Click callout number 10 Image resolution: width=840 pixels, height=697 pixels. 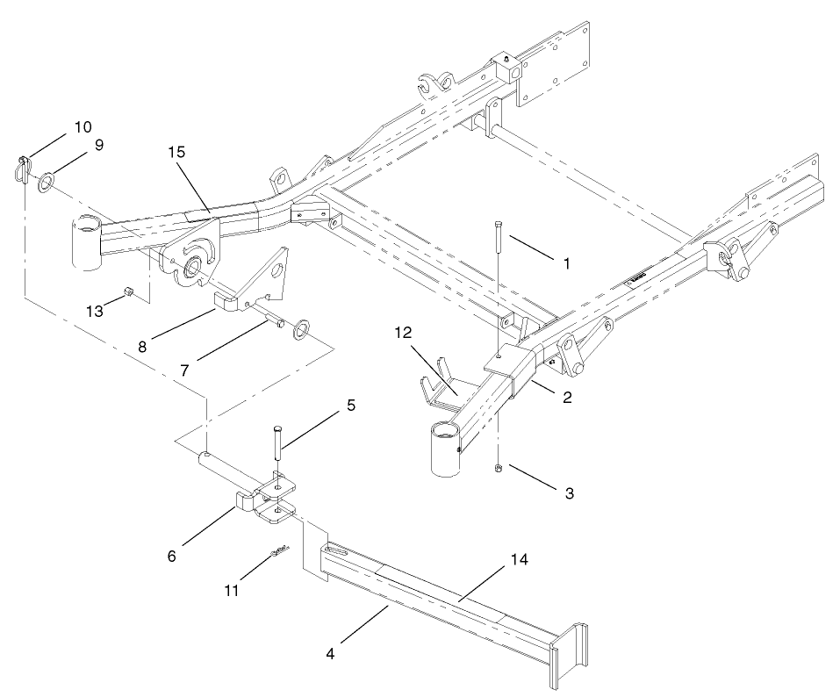(83, 127)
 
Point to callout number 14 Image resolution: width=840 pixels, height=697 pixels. (507, 558)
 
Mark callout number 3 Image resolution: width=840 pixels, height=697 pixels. (569, 493)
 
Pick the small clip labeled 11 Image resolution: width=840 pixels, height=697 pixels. (279, 552)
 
